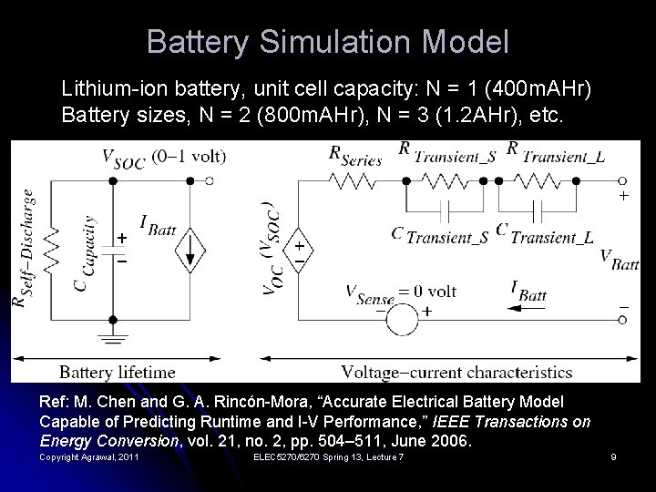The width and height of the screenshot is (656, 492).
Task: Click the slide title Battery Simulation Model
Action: [x=327, y=42]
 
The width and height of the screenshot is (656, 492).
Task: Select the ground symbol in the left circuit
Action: [x=112, y=342]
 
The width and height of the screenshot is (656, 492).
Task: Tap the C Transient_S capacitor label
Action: [x=440, y=235]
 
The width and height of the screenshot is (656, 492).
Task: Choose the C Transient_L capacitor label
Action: [x=545, y=235]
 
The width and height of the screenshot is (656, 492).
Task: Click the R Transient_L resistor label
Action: [x=555, y=153]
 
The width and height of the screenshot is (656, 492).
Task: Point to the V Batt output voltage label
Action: [x=620, y=260]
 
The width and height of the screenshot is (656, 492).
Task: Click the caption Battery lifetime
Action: [x=117, y=372]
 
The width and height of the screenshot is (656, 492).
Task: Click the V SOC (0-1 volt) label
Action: [x=163, y=157]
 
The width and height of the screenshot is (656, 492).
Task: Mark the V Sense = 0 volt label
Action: [x=401, y=292]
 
